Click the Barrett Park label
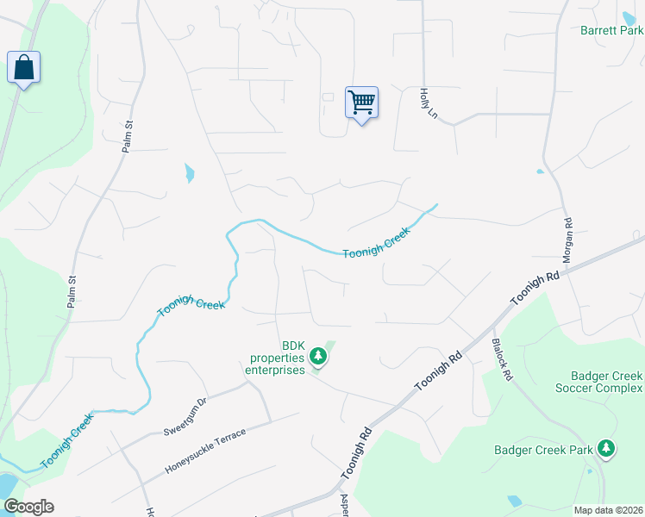tap(611, 30)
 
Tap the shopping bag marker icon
tap(23, 67)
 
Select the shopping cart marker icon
tap(361, 103)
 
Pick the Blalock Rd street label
tap(502, 358)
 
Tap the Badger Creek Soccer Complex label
tap(607, 383)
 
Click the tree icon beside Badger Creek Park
tap(607, 448)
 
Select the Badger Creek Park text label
tap(544, 450)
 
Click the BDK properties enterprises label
tap(278, 357)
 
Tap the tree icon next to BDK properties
tap(318, 355)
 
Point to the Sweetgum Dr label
tap(185, 416)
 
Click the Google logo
tap(28, 507)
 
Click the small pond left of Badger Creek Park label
tap(515, 501)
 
